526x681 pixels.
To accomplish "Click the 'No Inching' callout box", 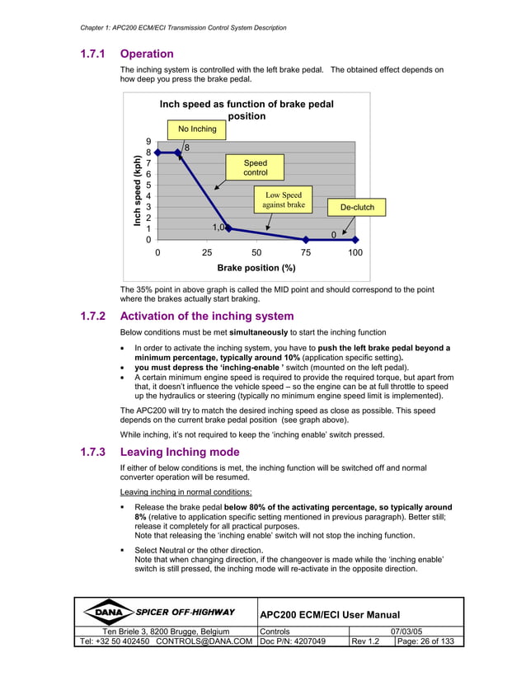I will coord(197,129).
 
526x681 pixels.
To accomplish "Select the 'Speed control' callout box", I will coord(256,168).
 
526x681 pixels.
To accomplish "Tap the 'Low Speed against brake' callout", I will coord(283,200).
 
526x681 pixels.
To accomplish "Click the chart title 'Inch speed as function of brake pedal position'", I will coord(247,110).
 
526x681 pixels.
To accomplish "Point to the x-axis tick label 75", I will coord(306,253).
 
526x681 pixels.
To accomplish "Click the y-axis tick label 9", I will coord(148,142).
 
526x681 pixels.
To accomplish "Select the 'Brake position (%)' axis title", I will coord(256,268).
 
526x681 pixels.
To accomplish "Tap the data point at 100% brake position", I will coord(355,239).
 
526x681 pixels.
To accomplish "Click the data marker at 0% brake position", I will coord(157,153).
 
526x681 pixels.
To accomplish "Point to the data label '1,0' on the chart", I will coord(218,227).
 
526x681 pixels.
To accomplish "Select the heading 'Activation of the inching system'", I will coord(206,316).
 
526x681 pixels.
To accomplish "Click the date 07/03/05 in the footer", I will coord(405,631).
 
